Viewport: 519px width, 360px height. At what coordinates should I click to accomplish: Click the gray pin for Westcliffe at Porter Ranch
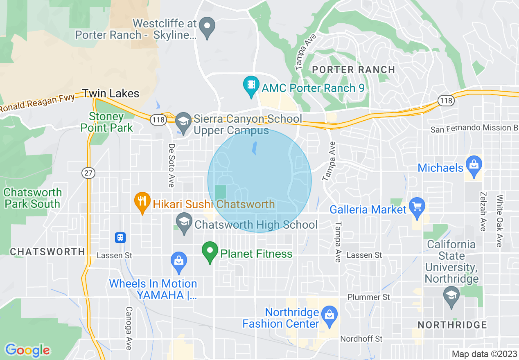207,27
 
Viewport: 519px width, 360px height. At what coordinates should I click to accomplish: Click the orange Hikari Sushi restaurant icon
142,202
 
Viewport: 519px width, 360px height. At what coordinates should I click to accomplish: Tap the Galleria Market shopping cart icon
417,207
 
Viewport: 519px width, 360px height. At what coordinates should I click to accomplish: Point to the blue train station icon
120,237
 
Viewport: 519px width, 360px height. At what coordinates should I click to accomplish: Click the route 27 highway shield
88,173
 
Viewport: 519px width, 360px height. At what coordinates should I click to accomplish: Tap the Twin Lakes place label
111,94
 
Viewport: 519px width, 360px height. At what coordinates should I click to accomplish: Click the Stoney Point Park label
106,122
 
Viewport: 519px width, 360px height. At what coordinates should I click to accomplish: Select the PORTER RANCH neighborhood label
353,70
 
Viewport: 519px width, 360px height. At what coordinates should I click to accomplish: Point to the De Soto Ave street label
171,165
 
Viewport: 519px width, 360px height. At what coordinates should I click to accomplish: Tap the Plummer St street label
369,297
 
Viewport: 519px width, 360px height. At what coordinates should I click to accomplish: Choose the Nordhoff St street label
361,339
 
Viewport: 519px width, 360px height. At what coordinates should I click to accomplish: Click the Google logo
27,350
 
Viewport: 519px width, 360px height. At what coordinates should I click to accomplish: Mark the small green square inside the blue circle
221,193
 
